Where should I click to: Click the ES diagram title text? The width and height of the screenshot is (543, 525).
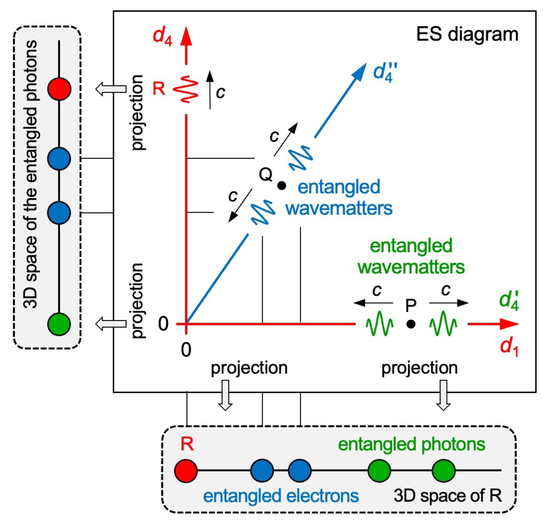click(467, 34)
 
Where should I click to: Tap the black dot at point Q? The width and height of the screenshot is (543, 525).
click(282, 185)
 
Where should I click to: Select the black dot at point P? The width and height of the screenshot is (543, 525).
click(411, 324)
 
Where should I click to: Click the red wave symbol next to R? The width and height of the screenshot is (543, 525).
click(186, 89)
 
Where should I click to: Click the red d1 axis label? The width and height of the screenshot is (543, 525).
click(509, 347)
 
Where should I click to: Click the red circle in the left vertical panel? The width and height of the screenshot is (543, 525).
click(59, 89)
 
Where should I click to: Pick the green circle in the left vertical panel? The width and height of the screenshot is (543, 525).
click(59, 324)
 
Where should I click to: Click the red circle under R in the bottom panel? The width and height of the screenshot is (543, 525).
click(186, 470)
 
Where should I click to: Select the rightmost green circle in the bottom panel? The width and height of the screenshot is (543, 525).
click(443, 470)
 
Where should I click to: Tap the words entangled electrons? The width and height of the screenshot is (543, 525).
click(281, 496)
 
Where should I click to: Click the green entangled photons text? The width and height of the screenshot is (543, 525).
click(411, 444)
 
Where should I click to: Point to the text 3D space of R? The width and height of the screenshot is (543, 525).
click(447, 496)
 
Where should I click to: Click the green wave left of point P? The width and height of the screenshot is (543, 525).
click(379, 324)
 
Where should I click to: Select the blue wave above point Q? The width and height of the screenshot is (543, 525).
click(301, 158)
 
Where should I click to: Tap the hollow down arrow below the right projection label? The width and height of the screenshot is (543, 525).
click(443, 395)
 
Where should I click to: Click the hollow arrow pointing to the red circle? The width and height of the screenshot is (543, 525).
click(111, 89)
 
